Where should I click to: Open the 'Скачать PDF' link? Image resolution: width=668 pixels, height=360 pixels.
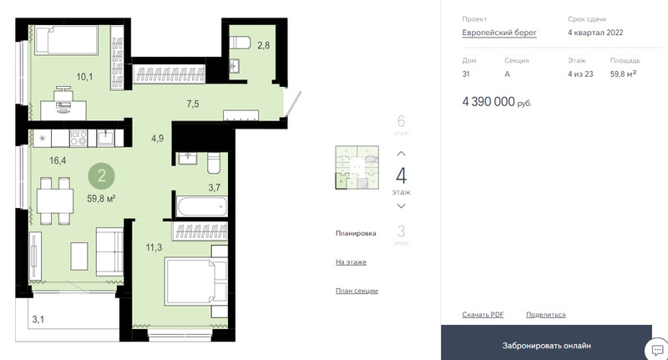483,314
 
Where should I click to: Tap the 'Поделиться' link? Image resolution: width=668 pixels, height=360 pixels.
546,314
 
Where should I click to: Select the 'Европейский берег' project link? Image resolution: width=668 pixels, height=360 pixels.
499,33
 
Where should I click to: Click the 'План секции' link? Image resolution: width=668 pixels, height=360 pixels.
357,291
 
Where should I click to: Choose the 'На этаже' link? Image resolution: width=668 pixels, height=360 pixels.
351,262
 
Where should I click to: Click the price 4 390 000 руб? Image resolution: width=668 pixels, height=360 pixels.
497,102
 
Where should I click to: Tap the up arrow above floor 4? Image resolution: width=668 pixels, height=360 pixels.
402,154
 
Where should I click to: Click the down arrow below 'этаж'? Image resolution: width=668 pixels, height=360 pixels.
402,206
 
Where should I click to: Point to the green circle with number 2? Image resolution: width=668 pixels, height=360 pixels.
101,175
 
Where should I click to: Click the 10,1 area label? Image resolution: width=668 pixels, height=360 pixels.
84,77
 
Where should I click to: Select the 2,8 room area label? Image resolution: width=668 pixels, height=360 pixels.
263,45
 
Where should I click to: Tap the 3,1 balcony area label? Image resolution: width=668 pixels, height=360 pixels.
38,319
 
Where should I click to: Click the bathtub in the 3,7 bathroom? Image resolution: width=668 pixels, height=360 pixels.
201,206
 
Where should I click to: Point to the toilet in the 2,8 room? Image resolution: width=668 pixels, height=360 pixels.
240,43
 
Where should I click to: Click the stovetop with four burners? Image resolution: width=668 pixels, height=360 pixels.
78,138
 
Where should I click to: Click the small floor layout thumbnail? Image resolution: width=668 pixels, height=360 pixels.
357,167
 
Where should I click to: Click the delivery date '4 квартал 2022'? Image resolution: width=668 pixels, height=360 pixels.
595,33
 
